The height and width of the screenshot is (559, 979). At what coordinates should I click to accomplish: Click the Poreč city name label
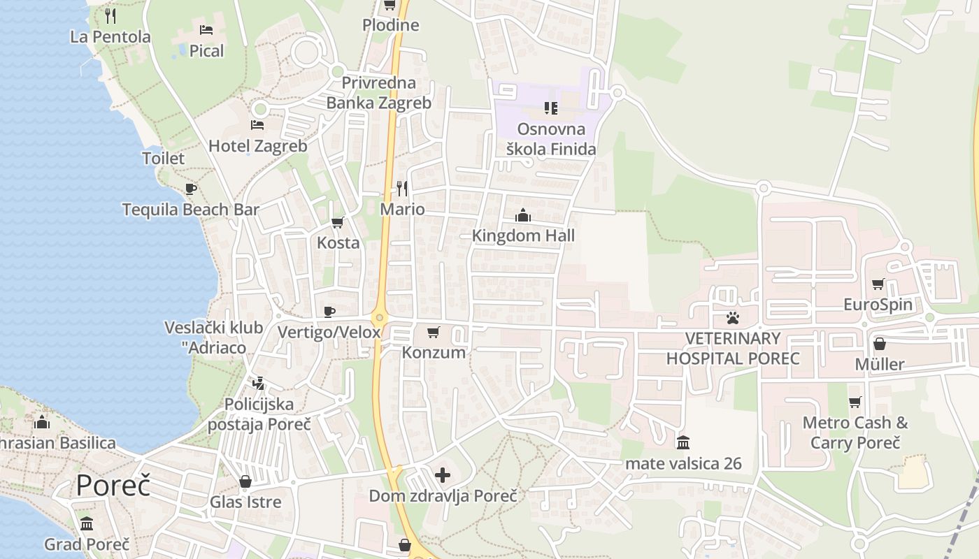pyautogui.click(x=113, y=485)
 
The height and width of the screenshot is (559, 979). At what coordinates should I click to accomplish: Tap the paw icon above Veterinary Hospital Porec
pyautogui.click(x=733, y=318)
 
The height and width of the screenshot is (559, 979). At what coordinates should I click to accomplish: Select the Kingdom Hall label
pyautogui.click(x=523, y=235)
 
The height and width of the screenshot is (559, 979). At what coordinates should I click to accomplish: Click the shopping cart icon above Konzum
pyautogui.click(x=434, y=332)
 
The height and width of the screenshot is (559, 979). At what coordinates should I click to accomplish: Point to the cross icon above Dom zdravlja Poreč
pyautogui.click(x=443, y=476)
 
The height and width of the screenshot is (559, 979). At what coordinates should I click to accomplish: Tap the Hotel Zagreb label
pyautogui.click(x=257, y=146)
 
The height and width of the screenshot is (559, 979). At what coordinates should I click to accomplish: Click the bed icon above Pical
pyautogui.click(x=206, y=30)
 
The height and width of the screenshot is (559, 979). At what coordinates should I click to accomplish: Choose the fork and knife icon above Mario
pyautogui.click(x=402, y=188)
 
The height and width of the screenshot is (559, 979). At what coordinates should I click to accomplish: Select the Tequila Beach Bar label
pyautogui.click(x=190, y=210)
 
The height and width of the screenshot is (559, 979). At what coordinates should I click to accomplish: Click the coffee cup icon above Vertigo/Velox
pyautogui.click(x=329, y=312)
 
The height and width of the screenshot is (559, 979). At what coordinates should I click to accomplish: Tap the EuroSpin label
pyautogui.click(x=878, y=305)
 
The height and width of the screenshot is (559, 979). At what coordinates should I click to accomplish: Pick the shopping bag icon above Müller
pyautogui.click(x=880, y=344)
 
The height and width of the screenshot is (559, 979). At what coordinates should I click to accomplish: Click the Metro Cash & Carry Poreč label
pyautogui.click(x=855, y=433)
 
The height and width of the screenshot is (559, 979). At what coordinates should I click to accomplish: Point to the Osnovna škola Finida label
pyautogui.click(x=551, y=139)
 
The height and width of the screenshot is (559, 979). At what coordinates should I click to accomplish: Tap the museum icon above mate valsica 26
pyautogui.click(x=683, y=442)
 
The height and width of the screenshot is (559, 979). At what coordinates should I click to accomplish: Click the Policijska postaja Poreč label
pyautogui.click(x=259, y=414)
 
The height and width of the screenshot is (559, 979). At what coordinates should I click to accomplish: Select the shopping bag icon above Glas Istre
pyautogui.click(x=245, y=481)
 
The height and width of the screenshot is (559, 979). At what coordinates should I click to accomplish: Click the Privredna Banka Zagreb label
pyautogui.click(x=378, y=93)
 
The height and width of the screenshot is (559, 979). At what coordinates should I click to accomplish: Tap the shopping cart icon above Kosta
pyautogui.click(x=338, y=223)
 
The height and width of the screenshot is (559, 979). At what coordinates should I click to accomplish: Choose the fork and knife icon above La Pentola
pyautogui.click(x=110, y=15)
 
